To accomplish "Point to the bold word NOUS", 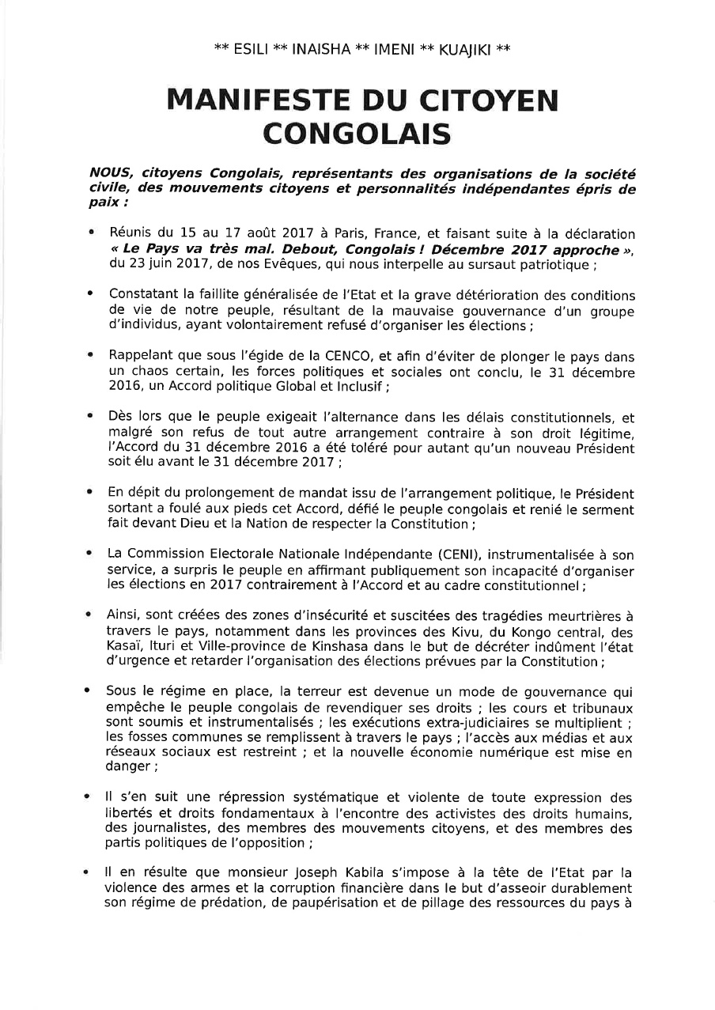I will (x=106, y=172).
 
